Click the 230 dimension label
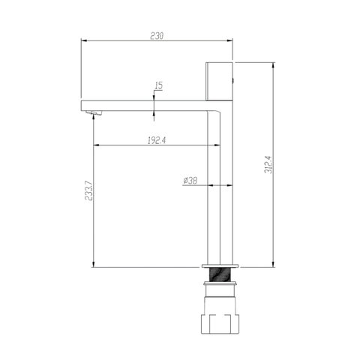pos(157,36)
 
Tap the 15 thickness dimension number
pos(159,85)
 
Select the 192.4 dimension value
pos(157,140)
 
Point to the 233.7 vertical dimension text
pos(88,190)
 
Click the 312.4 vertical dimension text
pos(268,164)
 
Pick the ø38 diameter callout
pos(190,181)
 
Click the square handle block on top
pos(219,81)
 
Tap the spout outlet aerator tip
pos(94,113)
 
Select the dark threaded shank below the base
pos(219,274)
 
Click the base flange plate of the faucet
pos(220,265)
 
